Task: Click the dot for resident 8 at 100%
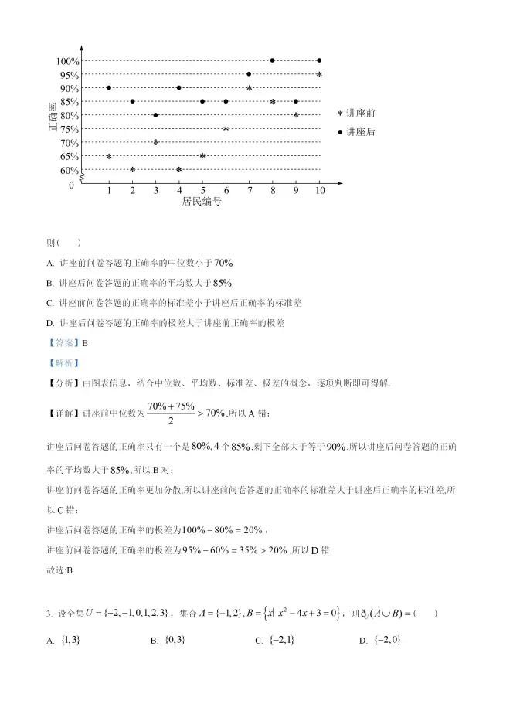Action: point(272,60)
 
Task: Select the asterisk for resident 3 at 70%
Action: point(156,142)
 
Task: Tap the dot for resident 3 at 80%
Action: point(156,115)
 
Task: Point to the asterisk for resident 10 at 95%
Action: point(319,74)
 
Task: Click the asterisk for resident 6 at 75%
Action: point(226,128)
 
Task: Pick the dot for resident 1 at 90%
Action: point(109,87)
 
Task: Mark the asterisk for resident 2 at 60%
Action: point(133,169)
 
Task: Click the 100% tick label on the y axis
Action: point(67,61)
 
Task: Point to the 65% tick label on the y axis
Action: point(70,156)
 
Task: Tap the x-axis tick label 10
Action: point(319,190)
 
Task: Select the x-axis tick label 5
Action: point(202,190)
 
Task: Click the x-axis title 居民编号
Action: point(202,202)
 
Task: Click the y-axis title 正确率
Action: point(53,116)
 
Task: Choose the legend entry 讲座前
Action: point(356,113)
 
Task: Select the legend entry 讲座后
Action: point(356,132)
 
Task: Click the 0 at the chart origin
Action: point(72,185)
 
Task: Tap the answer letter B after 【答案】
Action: point(85,343)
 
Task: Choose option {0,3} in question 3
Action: point(175,641)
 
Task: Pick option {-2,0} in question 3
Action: point(387,641)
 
